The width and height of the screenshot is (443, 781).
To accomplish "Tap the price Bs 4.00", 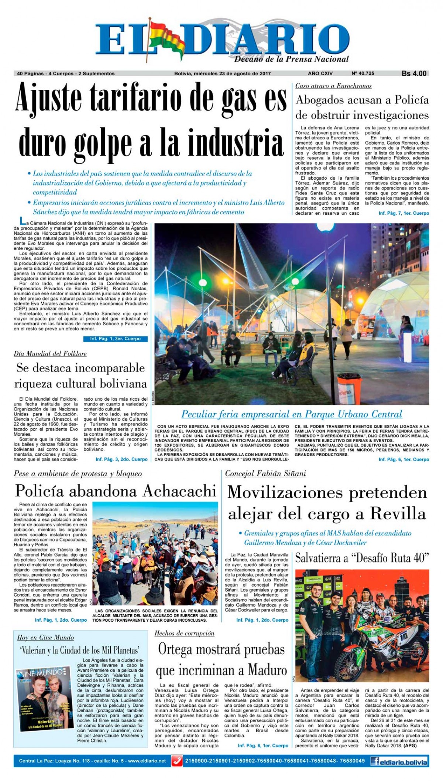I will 414,74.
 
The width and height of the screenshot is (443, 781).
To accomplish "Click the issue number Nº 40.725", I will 363,74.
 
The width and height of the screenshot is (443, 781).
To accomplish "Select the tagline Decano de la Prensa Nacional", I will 291,59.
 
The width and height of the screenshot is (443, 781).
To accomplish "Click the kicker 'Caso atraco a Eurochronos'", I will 333,86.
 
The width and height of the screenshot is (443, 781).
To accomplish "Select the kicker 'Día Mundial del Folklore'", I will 50,354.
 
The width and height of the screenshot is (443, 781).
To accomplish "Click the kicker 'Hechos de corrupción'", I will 184,634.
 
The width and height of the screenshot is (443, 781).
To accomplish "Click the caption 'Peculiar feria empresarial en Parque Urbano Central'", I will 291,414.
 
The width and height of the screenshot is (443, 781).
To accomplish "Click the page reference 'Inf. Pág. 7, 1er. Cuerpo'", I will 403,214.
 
